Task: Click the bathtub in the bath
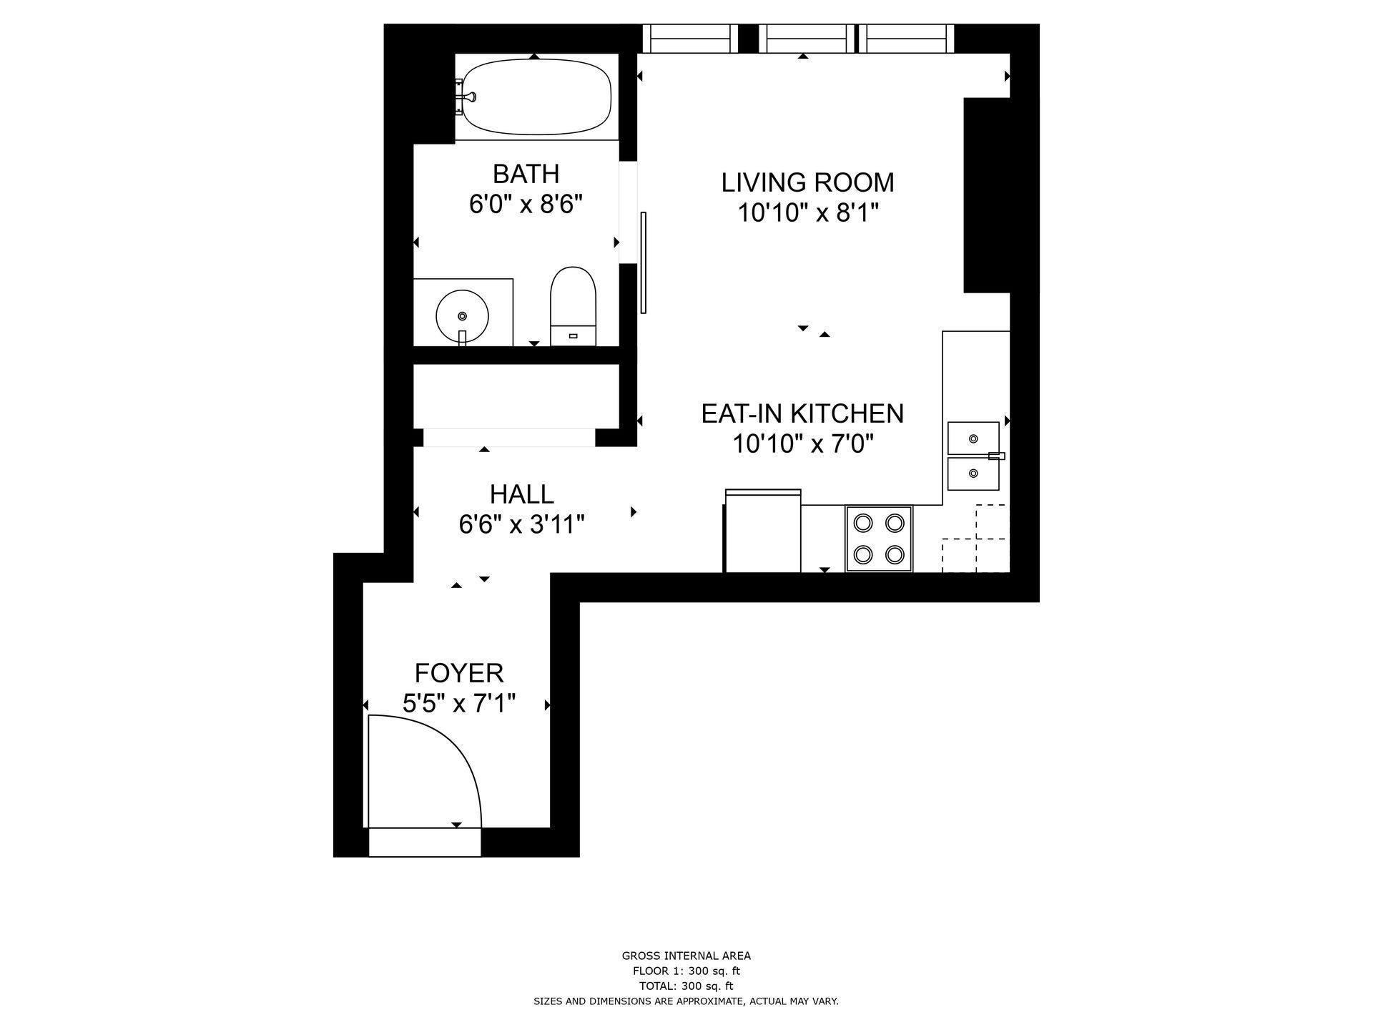click(536, 97)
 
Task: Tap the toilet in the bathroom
click(573, 307)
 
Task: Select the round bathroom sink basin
click(463, 315)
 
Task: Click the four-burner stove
click(879, 539)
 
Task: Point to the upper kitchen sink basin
click(973, 438)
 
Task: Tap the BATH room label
click(526, 174)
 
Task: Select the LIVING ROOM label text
click(807, 182)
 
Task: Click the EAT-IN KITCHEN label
click(802, 413)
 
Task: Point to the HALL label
click(521, 494)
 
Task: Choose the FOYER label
click(459, 673)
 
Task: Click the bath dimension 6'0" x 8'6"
click(526, 205)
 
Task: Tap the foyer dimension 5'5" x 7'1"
click(459, 704)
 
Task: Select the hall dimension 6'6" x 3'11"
click(521, 525)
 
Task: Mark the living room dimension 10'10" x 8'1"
click(807, 213)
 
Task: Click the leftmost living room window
click(690, 39)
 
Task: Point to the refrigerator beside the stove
click(763, 531)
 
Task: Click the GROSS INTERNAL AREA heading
click(686, 956)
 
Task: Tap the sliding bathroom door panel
click(644, 263)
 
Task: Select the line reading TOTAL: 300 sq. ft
click(686, 986)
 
